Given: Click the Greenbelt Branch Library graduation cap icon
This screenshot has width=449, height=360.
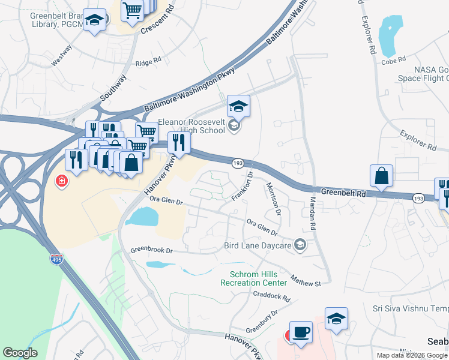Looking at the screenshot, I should [94, 20].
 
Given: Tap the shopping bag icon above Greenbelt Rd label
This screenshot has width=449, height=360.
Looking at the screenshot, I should [381, 176].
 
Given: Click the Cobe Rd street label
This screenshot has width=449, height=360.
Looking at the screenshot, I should [393, 61].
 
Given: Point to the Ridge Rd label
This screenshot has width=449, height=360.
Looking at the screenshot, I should [148, 61].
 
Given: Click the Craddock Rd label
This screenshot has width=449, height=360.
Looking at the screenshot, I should [271, 296].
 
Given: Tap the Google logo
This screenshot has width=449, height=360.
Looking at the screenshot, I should [20, 353].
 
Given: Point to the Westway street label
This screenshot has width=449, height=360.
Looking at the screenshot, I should [62, 54].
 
